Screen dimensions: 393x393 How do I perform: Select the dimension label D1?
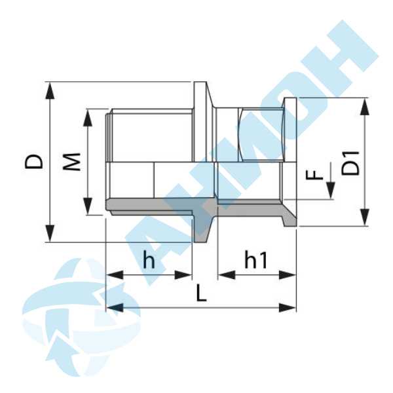(352, 162)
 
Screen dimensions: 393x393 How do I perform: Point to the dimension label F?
(316, 176)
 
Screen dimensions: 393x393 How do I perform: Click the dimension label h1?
(256, 260)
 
